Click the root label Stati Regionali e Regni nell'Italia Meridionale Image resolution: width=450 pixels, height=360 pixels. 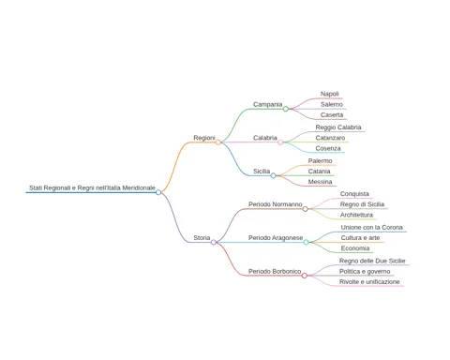92,187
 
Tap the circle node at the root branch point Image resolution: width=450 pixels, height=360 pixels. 158,192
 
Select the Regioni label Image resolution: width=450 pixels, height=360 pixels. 204,138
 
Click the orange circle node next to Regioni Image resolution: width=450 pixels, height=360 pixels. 218,142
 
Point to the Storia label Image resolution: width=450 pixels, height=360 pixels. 202,238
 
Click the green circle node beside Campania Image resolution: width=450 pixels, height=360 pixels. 286,109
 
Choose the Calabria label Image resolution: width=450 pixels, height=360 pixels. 265,138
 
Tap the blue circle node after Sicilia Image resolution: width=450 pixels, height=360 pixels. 273,175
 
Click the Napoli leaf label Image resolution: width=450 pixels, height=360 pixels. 330,94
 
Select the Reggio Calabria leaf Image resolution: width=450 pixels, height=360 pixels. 338,127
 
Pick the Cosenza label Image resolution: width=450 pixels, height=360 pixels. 328,148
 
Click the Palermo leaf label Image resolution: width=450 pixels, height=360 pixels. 320,161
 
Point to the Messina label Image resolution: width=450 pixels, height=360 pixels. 320,182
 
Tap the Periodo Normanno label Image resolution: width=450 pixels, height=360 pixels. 276,204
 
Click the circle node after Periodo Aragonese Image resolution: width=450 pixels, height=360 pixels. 306,242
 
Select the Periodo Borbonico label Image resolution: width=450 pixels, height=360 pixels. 275,271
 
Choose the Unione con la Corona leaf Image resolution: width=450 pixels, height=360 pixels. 372,228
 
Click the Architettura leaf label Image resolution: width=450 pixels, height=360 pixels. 356,215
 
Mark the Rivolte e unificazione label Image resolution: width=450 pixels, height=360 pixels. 369,282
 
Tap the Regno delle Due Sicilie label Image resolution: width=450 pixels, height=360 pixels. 372,261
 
